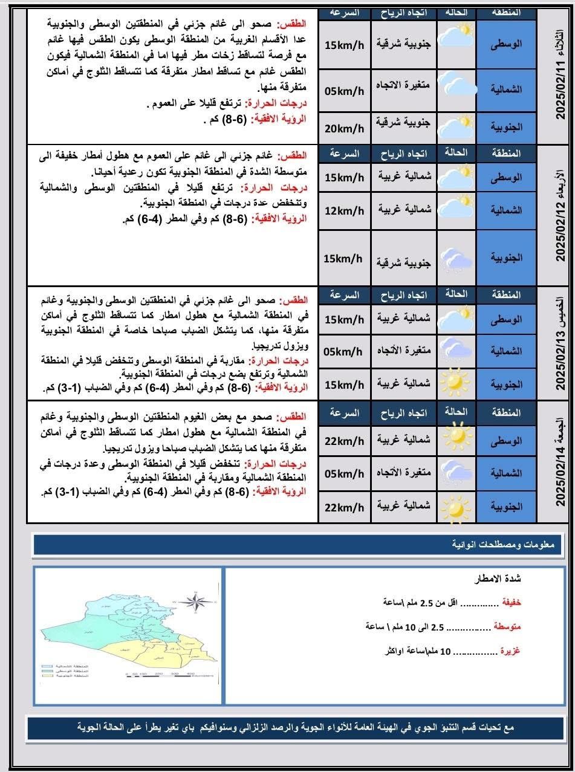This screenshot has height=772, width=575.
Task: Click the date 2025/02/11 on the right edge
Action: [560, 88]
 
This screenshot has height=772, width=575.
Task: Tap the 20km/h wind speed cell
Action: [344, 128]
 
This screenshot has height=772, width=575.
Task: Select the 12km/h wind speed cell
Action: [344, 210]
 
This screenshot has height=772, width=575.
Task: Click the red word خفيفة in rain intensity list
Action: [511, 602]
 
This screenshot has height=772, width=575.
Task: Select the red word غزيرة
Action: [510, 651]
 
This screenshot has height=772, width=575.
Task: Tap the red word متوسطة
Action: [508, 627]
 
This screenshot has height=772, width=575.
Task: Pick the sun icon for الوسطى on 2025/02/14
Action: [456, 435]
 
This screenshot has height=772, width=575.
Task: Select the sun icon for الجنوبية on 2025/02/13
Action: [456, 384]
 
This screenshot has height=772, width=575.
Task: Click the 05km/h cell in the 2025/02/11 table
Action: [344, 91]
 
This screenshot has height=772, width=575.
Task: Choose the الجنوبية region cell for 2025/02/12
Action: [507, 258]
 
